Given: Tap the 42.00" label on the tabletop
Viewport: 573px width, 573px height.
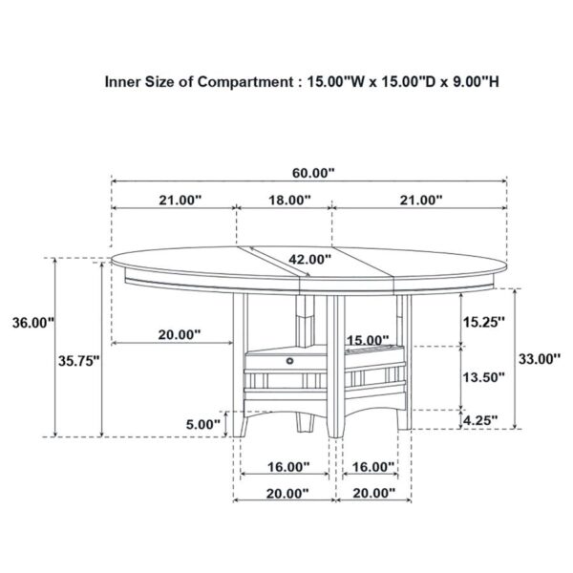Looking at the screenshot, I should coord(309,259).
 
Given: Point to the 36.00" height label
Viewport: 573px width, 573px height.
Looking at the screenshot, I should coord(27,322).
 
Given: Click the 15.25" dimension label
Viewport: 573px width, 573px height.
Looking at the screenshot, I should coord(482,321).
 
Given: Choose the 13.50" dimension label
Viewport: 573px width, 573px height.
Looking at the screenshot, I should coord(482,376).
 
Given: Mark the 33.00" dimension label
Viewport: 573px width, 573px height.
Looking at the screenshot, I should coord(537,359).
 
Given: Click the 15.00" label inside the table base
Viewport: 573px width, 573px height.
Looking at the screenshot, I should coord(367,339).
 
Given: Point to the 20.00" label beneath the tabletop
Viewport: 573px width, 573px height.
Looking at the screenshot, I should coord(180,334).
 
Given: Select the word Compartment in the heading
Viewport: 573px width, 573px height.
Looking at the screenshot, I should coord(244,82).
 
